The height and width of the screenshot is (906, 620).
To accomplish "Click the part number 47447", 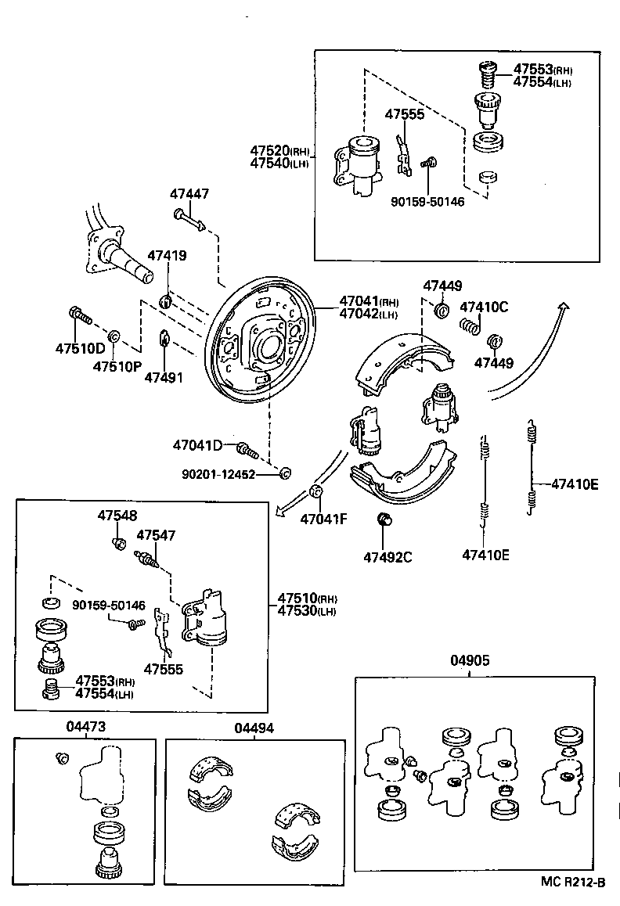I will point(190,193).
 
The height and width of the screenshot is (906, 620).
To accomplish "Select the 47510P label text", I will point(117,365).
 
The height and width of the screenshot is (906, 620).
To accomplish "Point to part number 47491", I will point(164,377).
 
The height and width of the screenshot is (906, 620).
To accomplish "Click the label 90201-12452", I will point(218,474).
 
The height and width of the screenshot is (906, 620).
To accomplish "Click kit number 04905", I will point(470,660).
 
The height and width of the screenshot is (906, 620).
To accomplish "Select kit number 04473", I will point(85,727).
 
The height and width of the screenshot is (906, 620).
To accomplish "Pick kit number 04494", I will point(254,727).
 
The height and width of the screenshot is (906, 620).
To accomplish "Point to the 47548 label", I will point(117,516).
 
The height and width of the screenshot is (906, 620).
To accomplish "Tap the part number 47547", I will point(156,535).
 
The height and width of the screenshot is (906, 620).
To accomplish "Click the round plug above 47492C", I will point(384,520).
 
